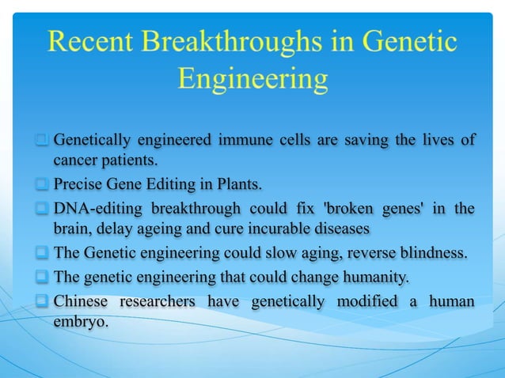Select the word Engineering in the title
point(252,78)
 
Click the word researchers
point(160,301)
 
